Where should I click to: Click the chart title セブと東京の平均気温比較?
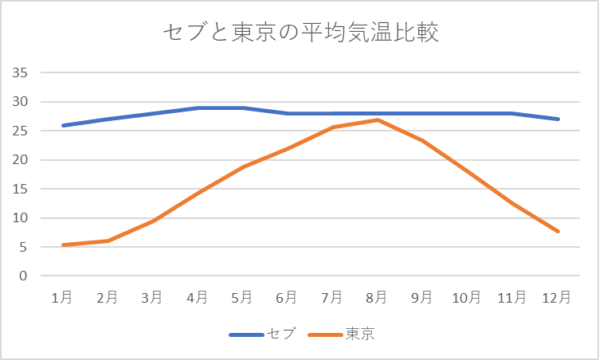(300, 33)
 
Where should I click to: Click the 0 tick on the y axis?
(24, 276)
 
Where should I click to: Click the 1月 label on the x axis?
(62, 297)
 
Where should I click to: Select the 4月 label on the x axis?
(197, 297)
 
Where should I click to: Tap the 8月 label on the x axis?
(377, 297)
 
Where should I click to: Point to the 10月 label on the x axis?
(467, 297)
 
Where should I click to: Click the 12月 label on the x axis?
(557, 297)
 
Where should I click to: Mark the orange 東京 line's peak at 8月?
(377, 120)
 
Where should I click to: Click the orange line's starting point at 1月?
(62, 245)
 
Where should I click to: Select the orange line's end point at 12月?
(558, 231)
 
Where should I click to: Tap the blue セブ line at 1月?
(62, 125)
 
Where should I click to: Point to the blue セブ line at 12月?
(558, 119)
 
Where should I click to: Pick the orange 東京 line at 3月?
(152, 221)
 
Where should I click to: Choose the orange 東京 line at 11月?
(512, 203)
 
